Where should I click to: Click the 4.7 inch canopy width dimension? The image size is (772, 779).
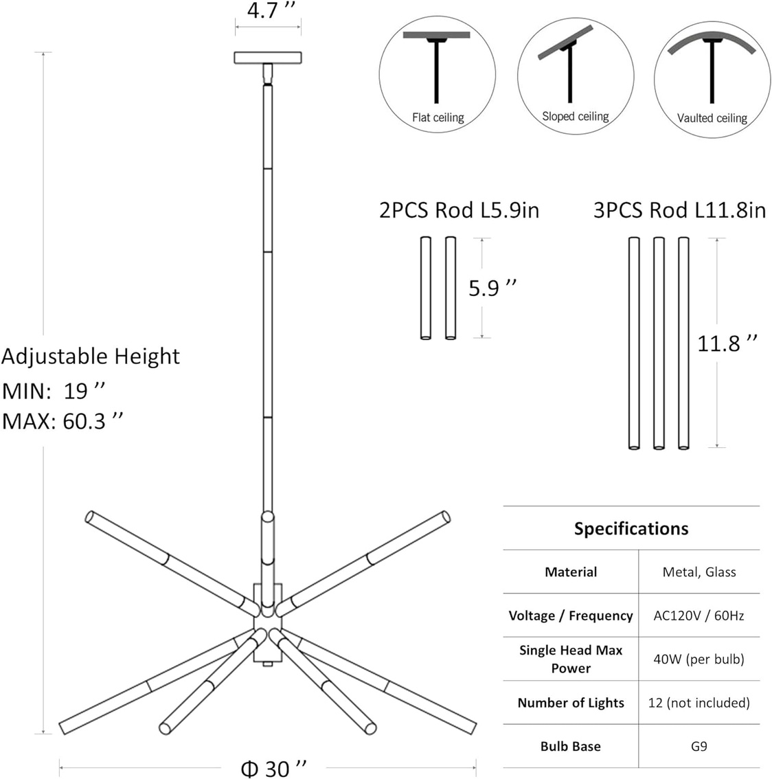(271, 10)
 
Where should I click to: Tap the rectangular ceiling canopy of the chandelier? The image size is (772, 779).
(268, 58)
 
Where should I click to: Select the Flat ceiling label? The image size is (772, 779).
(438, 117)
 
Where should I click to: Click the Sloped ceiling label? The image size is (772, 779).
(576, 116)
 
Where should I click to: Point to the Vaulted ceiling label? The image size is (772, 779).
(712, 118)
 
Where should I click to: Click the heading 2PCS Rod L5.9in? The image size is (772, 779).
(459, 210)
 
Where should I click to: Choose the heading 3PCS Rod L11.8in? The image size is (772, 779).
(679, 210)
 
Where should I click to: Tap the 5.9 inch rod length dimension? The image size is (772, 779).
(492, 288)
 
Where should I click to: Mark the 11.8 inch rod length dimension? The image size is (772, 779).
(727, 343)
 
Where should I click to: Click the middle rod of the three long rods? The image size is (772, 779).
(659, 343)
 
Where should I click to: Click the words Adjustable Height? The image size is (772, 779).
(91, 357)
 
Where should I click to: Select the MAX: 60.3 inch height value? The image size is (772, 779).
(63, 421)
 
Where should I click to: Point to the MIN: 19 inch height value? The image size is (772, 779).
(54, 391)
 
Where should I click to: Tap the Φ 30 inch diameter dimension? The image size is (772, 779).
(274, 768)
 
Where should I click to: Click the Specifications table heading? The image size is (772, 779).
(631, 529)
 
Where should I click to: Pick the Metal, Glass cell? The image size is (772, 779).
(699, 572)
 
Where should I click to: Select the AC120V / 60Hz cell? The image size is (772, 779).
(699, 616)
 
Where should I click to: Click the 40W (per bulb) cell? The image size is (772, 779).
(699, 659)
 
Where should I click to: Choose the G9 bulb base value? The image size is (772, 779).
(699, 746)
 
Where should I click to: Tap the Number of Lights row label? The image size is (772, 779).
(571, 703)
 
